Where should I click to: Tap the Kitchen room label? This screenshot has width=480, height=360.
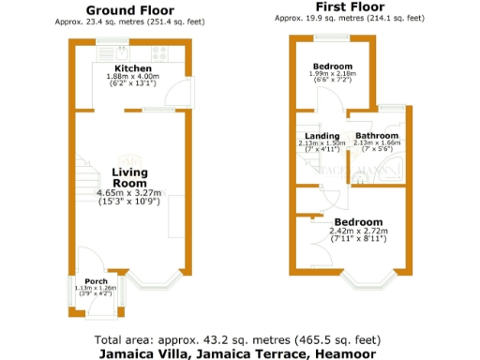[132, 69]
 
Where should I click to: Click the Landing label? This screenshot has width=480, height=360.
[310, 136]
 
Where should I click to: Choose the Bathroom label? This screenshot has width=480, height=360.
[376, 136]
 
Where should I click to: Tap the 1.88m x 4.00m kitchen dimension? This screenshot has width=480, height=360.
[132, 78]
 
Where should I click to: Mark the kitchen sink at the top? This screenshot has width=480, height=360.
[119, 52]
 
